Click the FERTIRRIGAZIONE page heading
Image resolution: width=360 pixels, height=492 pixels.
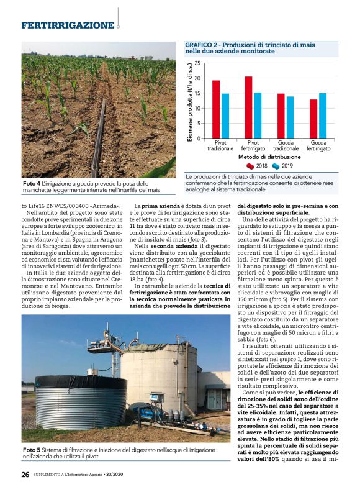pyautogui.click(x=68, y=25)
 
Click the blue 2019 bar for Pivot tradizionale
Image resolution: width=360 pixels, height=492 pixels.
pyautogui.click(x=226, y=116)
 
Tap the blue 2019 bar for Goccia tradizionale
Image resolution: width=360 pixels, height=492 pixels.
pyautogui.click(x=290, y=117)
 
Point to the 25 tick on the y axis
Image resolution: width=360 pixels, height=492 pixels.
pyautogui.click(x=197, y=63)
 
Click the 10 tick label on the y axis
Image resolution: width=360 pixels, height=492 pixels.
pyautogui.click(x=197, y=109)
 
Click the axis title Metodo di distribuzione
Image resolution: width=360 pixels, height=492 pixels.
pyautogui.click(x=266, y=157)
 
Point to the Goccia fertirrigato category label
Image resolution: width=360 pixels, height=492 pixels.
pyautogui.click(x=318, y=146)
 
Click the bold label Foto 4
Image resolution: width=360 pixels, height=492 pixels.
pyautogui.click(x=32, y=184)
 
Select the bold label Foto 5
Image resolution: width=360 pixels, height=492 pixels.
pyautogui.click(x=32, y=449)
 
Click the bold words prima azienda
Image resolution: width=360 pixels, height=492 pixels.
pyautogui.click(x=161, y=205)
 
